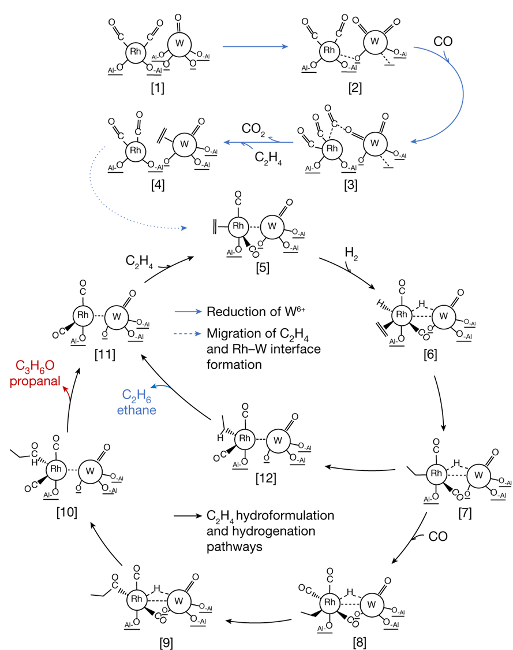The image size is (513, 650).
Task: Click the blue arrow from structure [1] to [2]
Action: click(x=255, y=45)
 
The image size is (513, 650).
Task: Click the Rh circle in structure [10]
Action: click(x=56, y=469)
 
